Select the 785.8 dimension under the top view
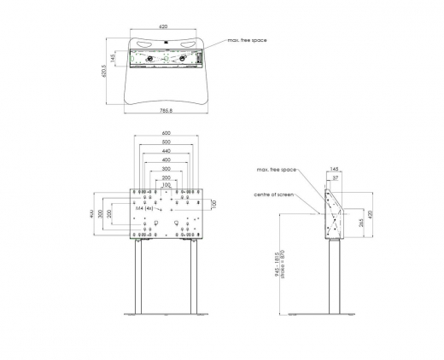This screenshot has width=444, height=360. [x=165, y=110]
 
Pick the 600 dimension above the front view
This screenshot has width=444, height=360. [x=166, y=133]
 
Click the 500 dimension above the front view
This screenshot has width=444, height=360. [x=166, y=142]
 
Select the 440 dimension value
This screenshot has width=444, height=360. [x=166, y=151]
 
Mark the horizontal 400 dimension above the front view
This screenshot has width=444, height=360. [x=166, y=160]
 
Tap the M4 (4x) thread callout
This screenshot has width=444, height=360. [x=144, y=206]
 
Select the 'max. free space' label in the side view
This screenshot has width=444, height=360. [x=276, y=170]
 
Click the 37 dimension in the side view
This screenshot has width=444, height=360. [x=336, y=178]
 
